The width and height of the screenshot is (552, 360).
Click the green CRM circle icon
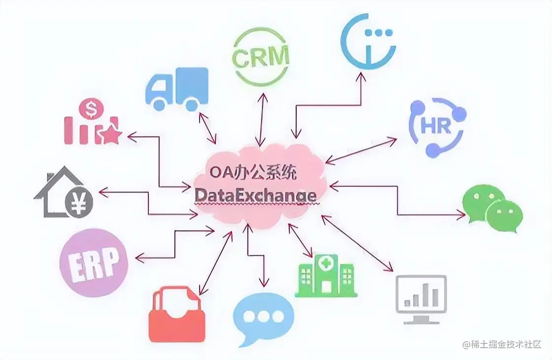coord(261,57)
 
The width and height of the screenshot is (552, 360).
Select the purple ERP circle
coord(93,262)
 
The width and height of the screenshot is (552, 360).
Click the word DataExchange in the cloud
coord(255,195)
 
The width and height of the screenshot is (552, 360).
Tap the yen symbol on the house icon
coord(78,202)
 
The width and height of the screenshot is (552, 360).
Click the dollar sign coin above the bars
coord(91,108)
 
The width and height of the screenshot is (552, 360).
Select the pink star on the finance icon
coord(110,134)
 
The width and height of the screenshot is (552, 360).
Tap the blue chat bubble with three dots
coord(262,318)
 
